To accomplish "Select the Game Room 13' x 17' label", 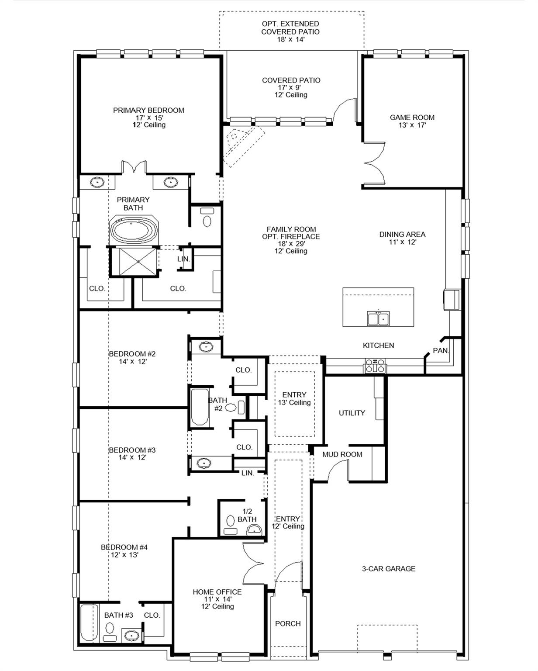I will (x=412, y=121).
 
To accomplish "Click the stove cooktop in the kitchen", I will (x=375, y=365).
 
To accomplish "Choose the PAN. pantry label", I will (x=441, y=350).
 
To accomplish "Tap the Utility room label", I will (x=352, y=413).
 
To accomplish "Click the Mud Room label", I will (x=342, y=454).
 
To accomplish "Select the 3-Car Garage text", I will (x=388, y=569).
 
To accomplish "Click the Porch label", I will (x=288, y=623).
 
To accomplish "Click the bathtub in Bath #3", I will (x=89, y=622).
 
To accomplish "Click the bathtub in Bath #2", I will (x=200, y=407).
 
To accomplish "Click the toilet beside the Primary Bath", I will (x=207, y=218).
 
